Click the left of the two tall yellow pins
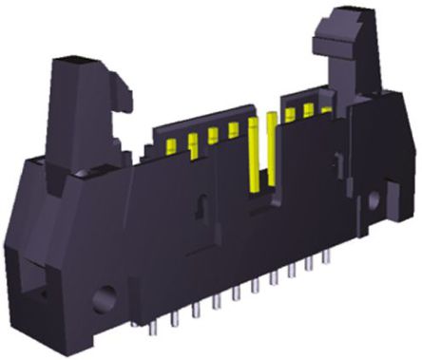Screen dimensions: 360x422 tap(252, 152)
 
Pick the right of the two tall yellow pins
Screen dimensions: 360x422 tap(271, 142)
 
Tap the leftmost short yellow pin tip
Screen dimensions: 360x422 tap(173, 144)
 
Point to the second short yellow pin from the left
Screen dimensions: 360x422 tap(192, 140)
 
